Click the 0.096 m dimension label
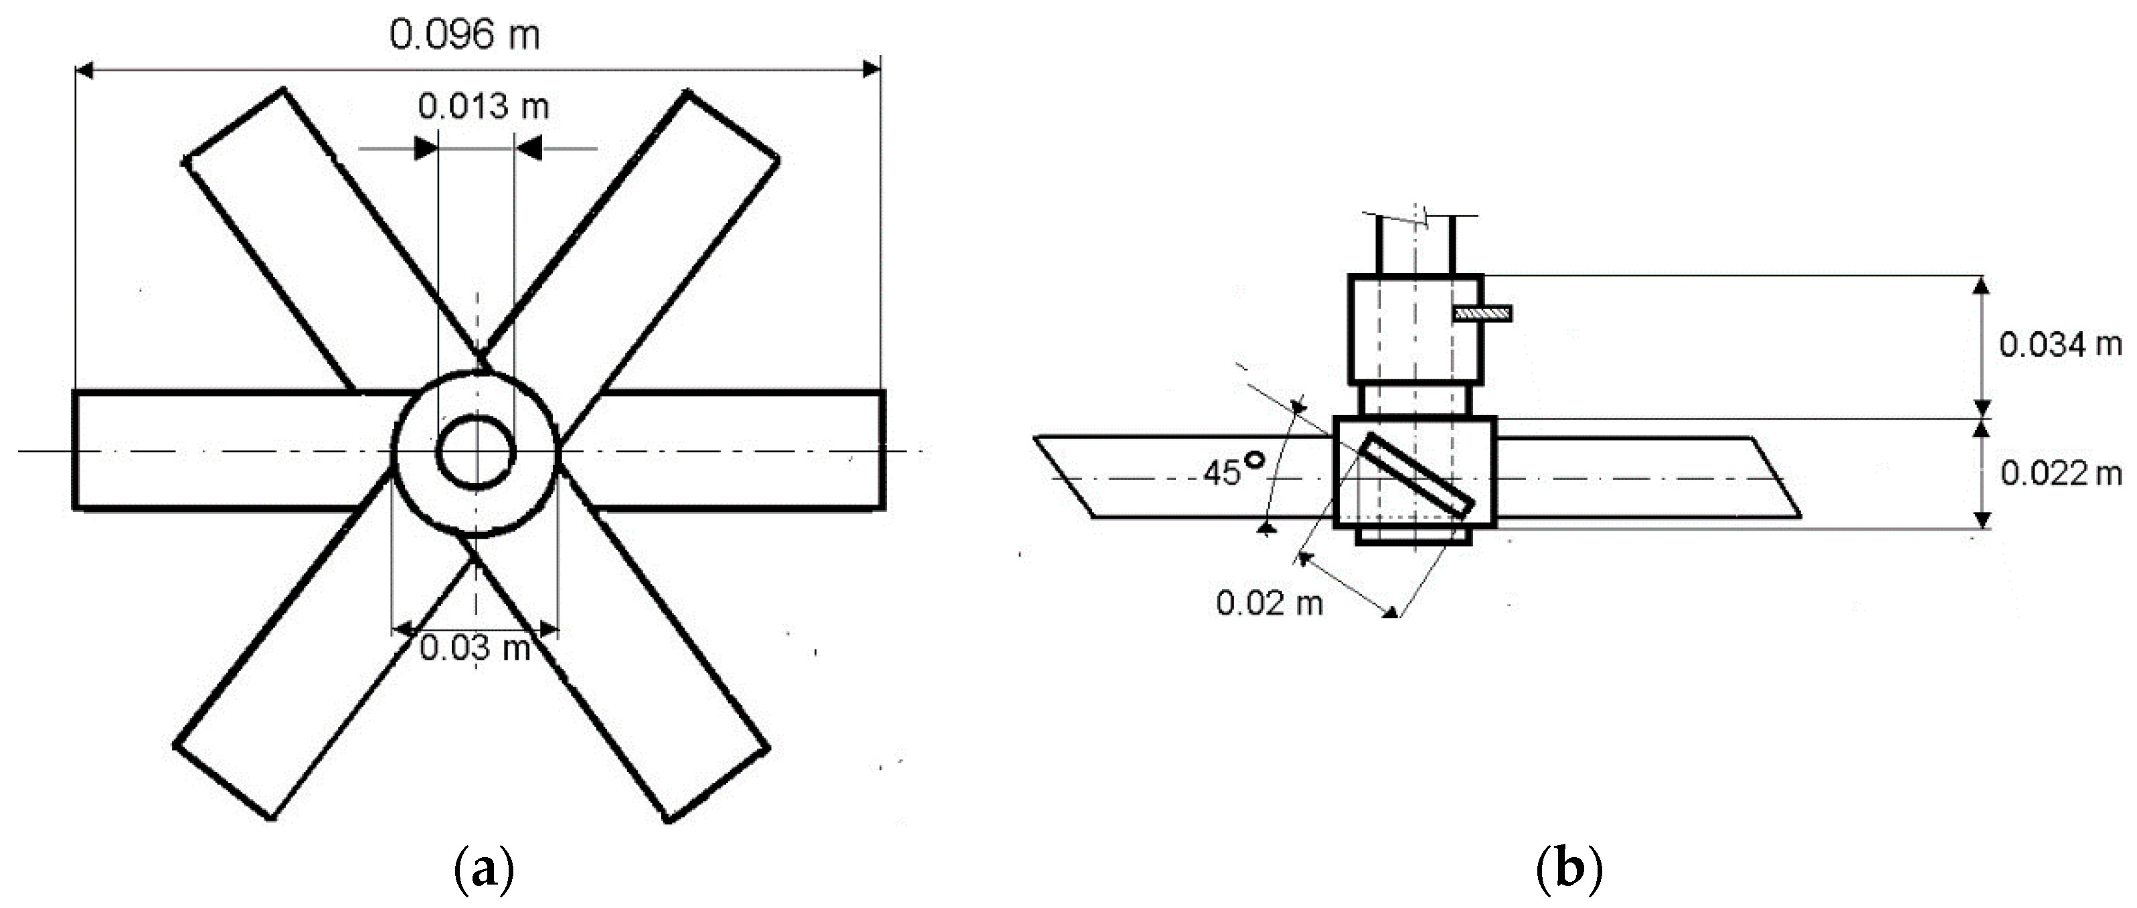[464, 35]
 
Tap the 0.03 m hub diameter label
[475, 648]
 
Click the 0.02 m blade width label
[1268, 603]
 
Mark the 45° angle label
[1233, 470]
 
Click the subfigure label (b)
[1569, 871]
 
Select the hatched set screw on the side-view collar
[1482, 313]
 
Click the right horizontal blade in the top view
[730, 450]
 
